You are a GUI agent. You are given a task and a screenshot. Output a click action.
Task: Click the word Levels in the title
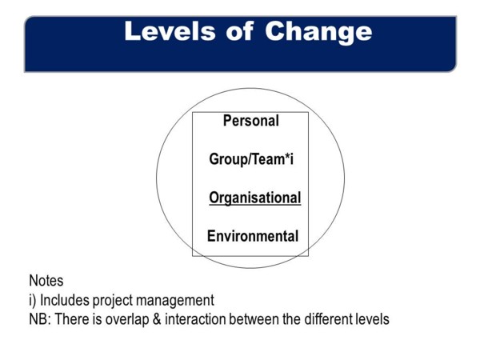pos(170,31)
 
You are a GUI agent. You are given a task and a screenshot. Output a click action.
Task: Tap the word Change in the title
pos(318,33)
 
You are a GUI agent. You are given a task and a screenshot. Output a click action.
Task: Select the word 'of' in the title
pos(240,31)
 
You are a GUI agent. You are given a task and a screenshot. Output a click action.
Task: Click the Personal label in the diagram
pos(251,121)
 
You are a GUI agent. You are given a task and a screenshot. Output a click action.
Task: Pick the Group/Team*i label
pos(251,159)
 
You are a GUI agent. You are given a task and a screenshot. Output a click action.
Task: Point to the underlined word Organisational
pos(255,198)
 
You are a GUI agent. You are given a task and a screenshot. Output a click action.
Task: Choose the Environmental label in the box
pos(253,236)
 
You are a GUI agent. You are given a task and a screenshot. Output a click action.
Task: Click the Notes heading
pos(46,281)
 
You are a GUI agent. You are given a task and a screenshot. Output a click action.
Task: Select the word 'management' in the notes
pos(175,300)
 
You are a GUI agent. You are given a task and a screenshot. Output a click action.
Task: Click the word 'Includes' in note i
pos(65,300)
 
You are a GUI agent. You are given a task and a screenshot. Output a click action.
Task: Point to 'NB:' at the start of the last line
pos(41,319)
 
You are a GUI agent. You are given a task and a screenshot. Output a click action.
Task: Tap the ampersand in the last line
pos(157,319)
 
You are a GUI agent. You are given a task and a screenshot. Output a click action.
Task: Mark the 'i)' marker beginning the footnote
pos(33,300)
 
